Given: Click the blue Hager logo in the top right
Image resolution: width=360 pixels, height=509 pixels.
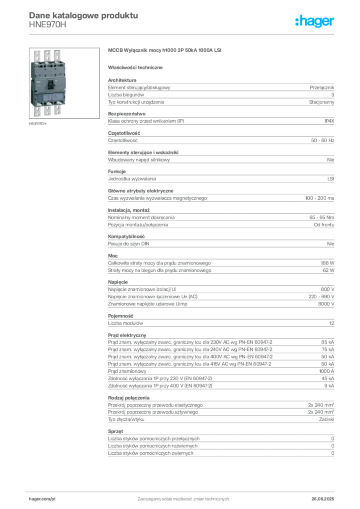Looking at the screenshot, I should click(315, 22).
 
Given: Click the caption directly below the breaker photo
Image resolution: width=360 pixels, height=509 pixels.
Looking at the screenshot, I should click(38, 124).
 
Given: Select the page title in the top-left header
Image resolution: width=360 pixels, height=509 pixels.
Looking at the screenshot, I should click(83, 14).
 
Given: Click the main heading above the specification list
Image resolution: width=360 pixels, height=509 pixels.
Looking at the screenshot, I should click(164, 50).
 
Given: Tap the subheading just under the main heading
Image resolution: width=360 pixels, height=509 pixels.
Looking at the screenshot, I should click(137, 67).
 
